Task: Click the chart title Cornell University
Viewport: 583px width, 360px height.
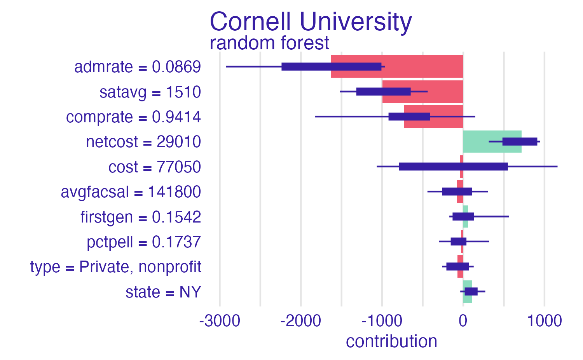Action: [x=311, y=22]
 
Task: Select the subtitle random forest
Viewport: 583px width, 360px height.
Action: [x=269, y=43]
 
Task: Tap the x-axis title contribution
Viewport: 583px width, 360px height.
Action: [x=391, y=341]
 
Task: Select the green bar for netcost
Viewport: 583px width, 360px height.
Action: [x=492, y=142]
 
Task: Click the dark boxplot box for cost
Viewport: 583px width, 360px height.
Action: [x=453, y=167]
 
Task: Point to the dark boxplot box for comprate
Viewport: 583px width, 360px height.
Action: [x=409, y=117]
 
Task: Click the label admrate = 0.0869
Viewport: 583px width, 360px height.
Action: [x=138, y=67]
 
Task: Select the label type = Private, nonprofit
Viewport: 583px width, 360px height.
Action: [x=115, y=267]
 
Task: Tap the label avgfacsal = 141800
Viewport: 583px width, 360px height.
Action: [x=131, y=192]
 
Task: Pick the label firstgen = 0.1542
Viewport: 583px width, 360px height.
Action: [x=141, y=217]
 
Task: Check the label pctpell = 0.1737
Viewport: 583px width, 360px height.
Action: [x=144, y=242]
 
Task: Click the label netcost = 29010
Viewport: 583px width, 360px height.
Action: [x=143, y=142]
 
